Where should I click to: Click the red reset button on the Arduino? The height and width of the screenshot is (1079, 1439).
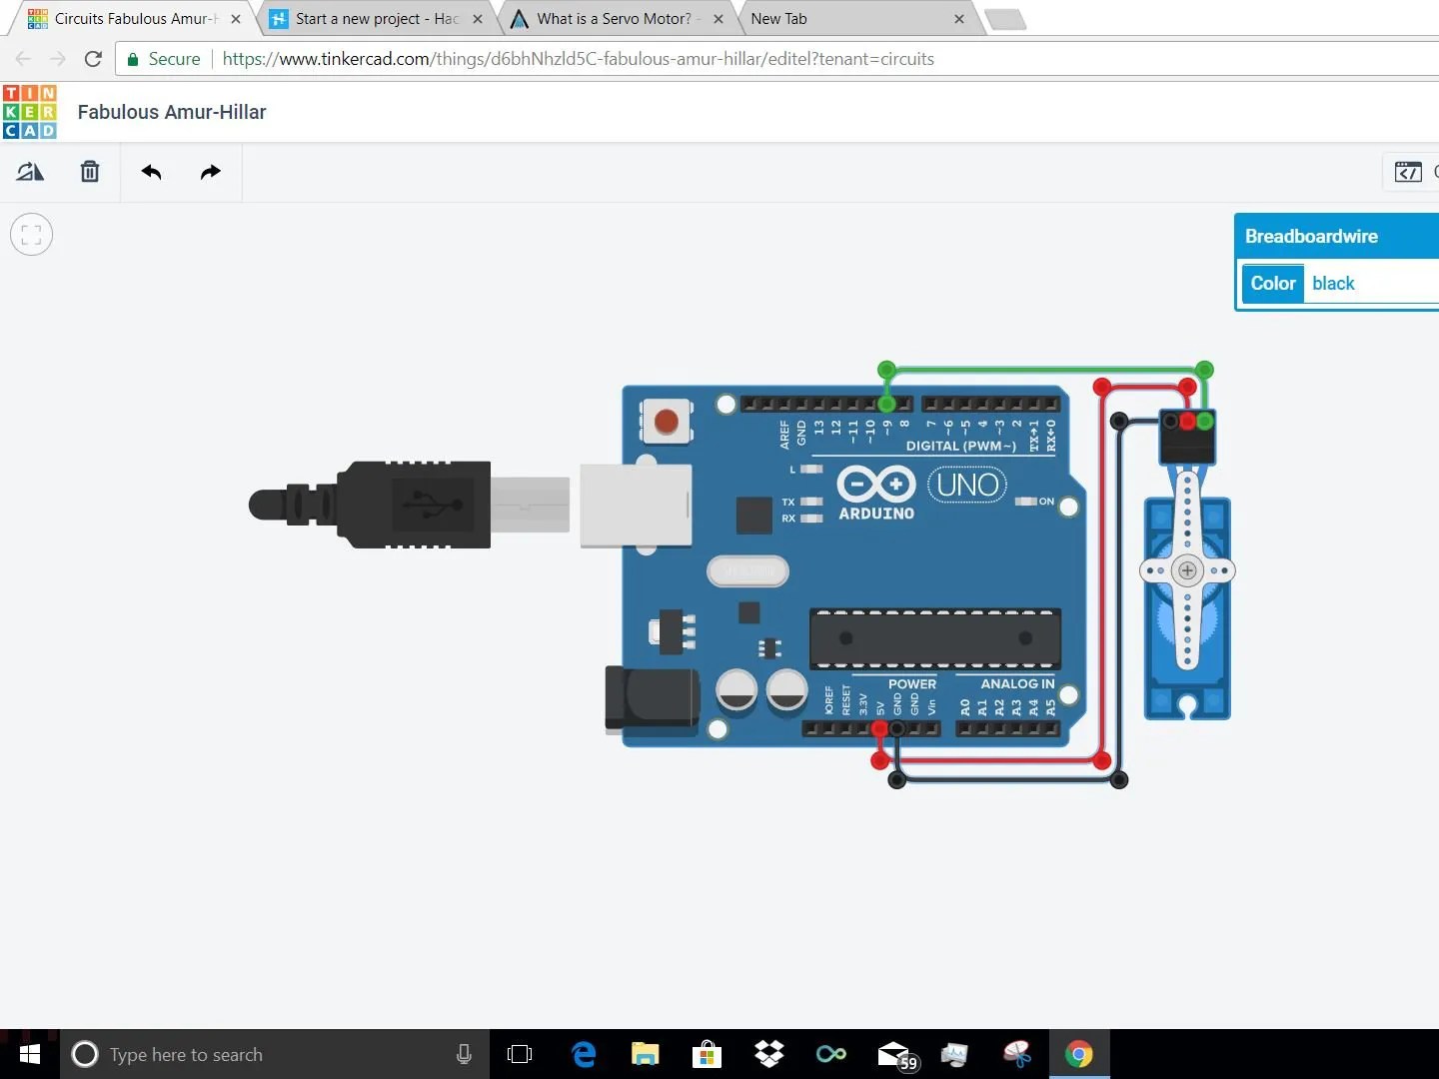tap(667, 421)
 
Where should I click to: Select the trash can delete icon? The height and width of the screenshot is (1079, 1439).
tap(90, 172)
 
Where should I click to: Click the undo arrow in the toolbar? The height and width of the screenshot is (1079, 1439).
tap(151, 172)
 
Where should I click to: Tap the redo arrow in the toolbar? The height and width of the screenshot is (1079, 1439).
tap(210, 172)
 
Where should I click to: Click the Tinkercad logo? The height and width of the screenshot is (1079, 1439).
tap(30, 112)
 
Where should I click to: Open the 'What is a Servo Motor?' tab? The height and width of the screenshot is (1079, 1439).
tap(613, 19)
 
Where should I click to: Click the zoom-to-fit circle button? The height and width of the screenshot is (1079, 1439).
tap(31, 235)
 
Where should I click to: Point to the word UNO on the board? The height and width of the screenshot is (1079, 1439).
tap(967, 486)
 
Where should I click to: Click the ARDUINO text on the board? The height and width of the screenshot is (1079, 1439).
tap(876, 514)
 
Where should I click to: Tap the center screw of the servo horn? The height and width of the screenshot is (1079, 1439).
tap(1187, 570)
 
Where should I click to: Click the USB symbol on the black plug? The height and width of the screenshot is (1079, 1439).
tap(432, 504)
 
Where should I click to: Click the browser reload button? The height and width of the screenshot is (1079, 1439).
tap(93, 59)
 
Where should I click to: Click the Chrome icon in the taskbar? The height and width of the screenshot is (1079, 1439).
tap(1078, 1054)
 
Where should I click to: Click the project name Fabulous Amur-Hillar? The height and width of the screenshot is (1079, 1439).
tap(172, 112)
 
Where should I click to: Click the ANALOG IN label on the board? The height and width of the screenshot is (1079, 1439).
tap(1017, 684)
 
